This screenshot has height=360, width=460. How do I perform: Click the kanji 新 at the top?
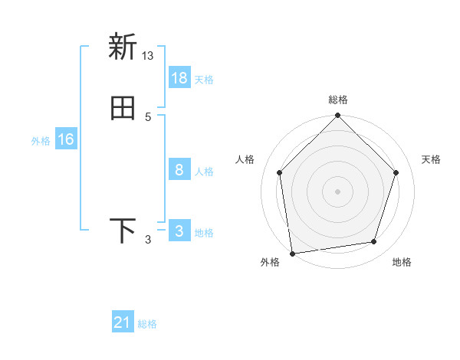click(x=123, y=47)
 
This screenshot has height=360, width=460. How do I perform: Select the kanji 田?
click(x=123, y=108)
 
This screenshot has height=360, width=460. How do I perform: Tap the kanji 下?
click(x=123, y=231)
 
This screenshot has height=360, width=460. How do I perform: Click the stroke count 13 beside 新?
click(x=148, y=56)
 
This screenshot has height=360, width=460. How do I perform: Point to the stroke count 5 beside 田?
click(x=148, y=117)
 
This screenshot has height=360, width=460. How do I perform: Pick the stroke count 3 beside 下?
click(x=148, y=240)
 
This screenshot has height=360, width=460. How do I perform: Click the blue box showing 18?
click(x=179, y=78)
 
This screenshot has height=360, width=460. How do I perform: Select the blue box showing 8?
click(x=179, y=170)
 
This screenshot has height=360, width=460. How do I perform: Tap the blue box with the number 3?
click(x=179, y=231)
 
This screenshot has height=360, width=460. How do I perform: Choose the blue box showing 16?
click(x=65, y=139)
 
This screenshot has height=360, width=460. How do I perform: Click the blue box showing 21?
click(x=123, y=323)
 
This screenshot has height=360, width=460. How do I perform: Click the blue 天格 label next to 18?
click(x=204, y=80)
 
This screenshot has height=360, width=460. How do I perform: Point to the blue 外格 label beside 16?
click(x=41, y=141)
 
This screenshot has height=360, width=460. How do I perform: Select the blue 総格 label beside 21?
click(x=148, y=325)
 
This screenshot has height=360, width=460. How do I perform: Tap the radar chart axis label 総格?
click(x=338, y=100)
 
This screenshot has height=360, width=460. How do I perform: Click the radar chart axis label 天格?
click(x=432, y=159)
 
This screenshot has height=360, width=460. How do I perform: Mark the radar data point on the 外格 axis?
click(x=292, y=253)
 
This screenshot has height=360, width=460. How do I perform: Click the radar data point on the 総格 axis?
click(x=338, y=116)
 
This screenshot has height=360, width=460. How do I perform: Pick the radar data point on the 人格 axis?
click(x=280, y=172)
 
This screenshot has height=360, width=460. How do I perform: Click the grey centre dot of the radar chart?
click(x=338, y=191)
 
